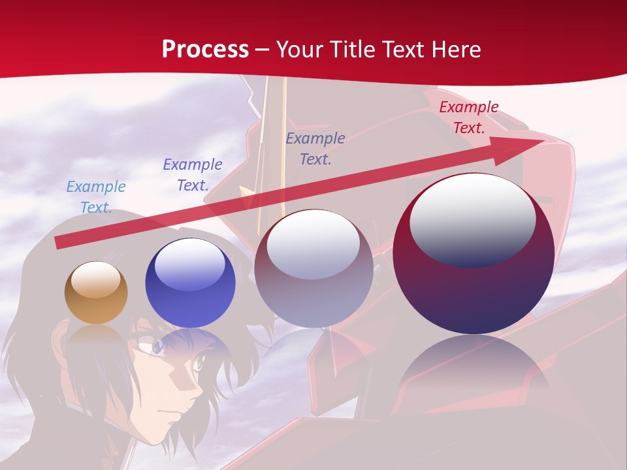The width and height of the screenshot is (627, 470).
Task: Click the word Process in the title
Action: pyautogui.click(x=205, y=50)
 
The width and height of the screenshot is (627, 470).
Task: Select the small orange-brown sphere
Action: pyautogui.click(x=96, y=292)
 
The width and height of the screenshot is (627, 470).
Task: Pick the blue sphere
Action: pyautogui.click(x=190, y=283)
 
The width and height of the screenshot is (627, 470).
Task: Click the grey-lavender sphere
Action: pyautogui.click(x=313, y=268)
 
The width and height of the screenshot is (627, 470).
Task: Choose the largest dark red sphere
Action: pyautogui.click(x=474, y=253)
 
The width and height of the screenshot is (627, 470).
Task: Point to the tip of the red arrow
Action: pyautogui.click(x=543, y=140)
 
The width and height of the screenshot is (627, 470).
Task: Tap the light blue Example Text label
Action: pyautogui.click(x=96, y=197)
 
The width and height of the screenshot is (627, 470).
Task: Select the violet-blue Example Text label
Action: pyautogui.click(x=193, y=175)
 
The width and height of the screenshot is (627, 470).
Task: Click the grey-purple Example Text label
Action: pyautogui.click(x=315, y=148)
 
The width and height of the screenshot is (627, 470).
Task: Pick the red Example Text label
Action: pyautogui.click(x=469, y=117)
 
